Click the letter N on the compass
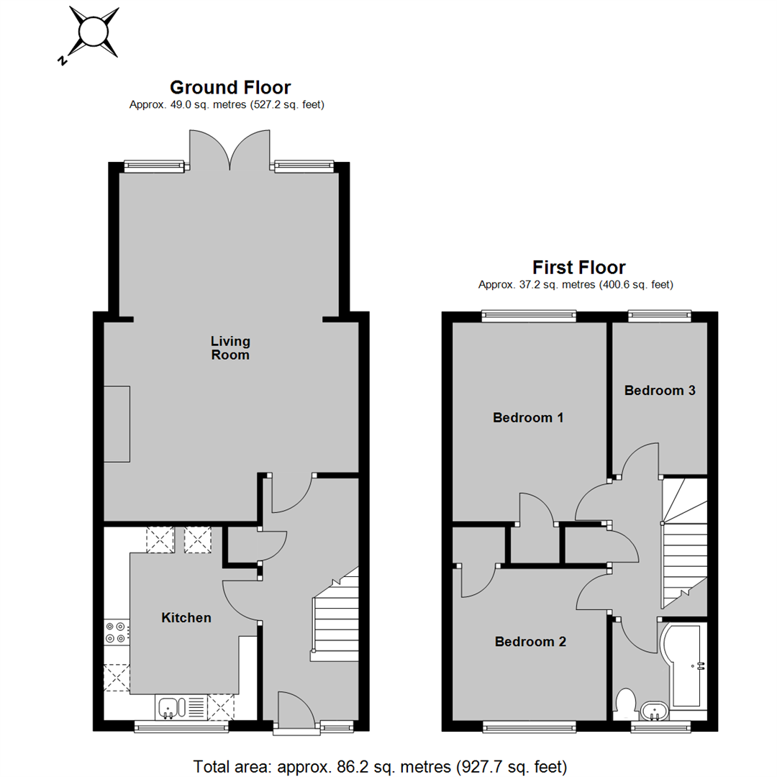coord(62,61)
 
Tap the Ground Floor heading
coord(230,88)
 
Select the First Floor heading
coord(578,268)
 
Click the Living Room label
coord(230,348)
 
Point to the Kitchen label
coord(186,617)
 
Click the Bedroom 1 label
coord(528,418)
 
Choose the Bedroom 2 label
coord(530,642)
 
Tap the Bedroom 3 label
coord(660,391)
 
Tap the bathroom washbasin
coord(655,711)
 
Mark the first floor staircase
coord(684,542)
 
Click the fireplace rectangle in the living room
coord(117,424)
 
